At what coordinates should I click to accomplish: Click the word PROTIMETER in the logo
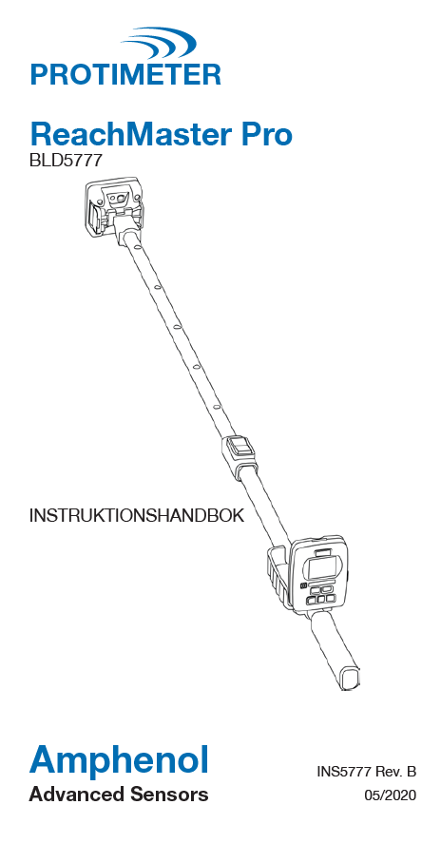point(125,74)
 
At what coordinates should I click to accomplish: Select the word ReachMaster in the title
point(127,134)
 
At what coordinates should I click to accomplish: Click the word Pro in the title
point(263,134)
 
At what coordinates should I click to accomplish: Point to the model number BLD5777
point(65,161)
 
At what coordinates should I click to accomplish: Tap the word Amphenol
point(118,762)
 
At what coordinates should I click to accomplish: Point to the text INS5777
point(343,773)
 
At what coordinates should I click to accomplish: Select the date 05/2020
point(391,795)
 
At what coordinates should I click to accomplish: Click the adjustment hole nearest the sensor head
point(137,248)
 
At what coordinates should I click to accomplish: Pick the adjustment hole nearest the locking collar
point(215,407)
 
